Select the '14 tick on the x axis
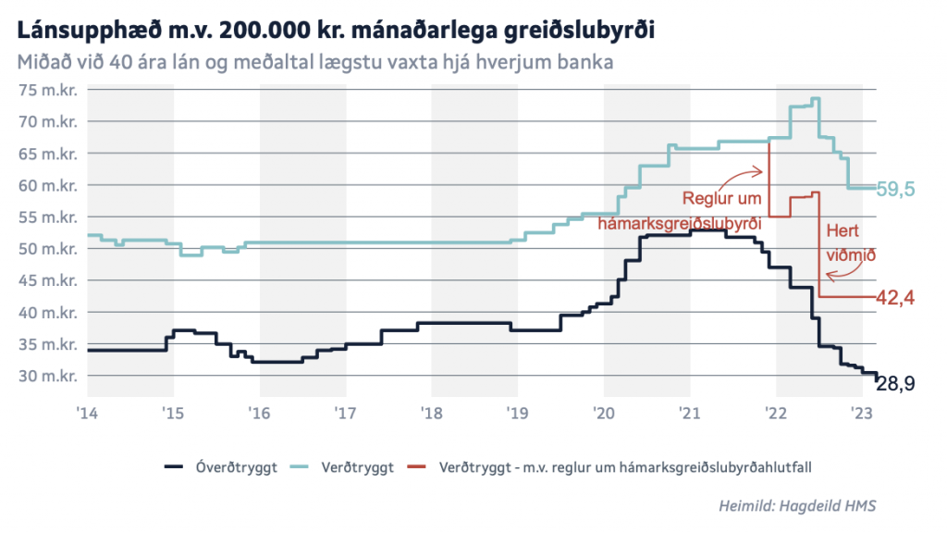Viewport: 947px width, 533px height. [x=88, y=412]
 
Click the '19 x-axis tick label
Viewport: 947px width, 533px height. [x=518, y=412]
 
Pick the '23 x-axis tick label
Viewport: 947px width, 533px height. [x=862, y=412]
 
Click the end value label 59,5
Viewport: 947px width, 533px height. [x=896, y=189]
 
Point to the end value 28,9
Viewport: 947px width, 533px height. [x=896, y=383]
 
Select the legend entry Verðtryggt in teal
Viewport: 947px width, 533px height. [x=363, y=467]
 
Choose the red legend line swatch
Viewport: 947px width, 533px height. [x=422, y=467]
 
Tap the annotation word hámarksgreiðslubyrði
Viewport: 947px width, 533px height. [x=679, y=223]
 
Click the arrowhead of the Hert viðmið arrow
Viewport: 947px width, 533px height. [x=828, y=275]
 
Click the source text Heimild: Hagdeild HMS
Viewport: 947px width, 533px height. [x=797, y=506]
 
